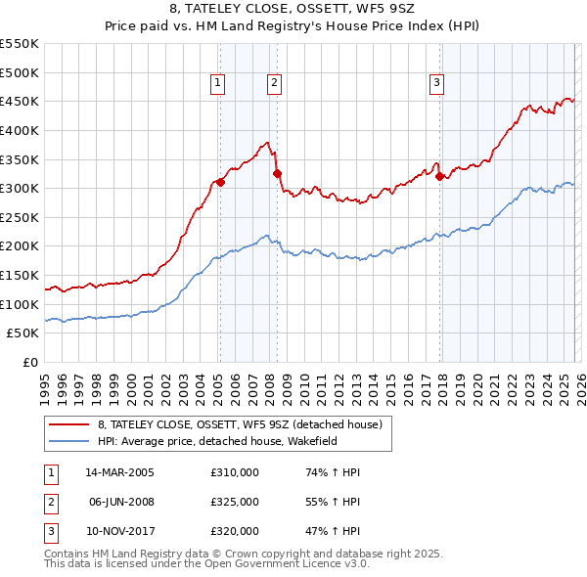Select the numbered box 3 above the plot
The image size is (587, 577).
point(436,83)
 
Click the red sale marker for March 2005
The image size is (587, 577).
point(221,182)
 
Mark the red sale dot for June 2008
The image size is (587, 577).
point(277,173)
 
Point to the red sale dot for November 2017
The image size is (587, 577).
point(440,176)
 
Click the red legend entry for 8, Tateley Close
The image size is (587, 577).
point(245,424)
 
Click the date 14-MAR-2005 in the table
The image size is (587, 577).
point(119,472)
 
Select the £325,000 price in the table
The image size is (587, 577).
point(235,502)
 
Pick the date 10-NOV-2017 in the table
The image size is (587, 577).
point(119,531)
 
